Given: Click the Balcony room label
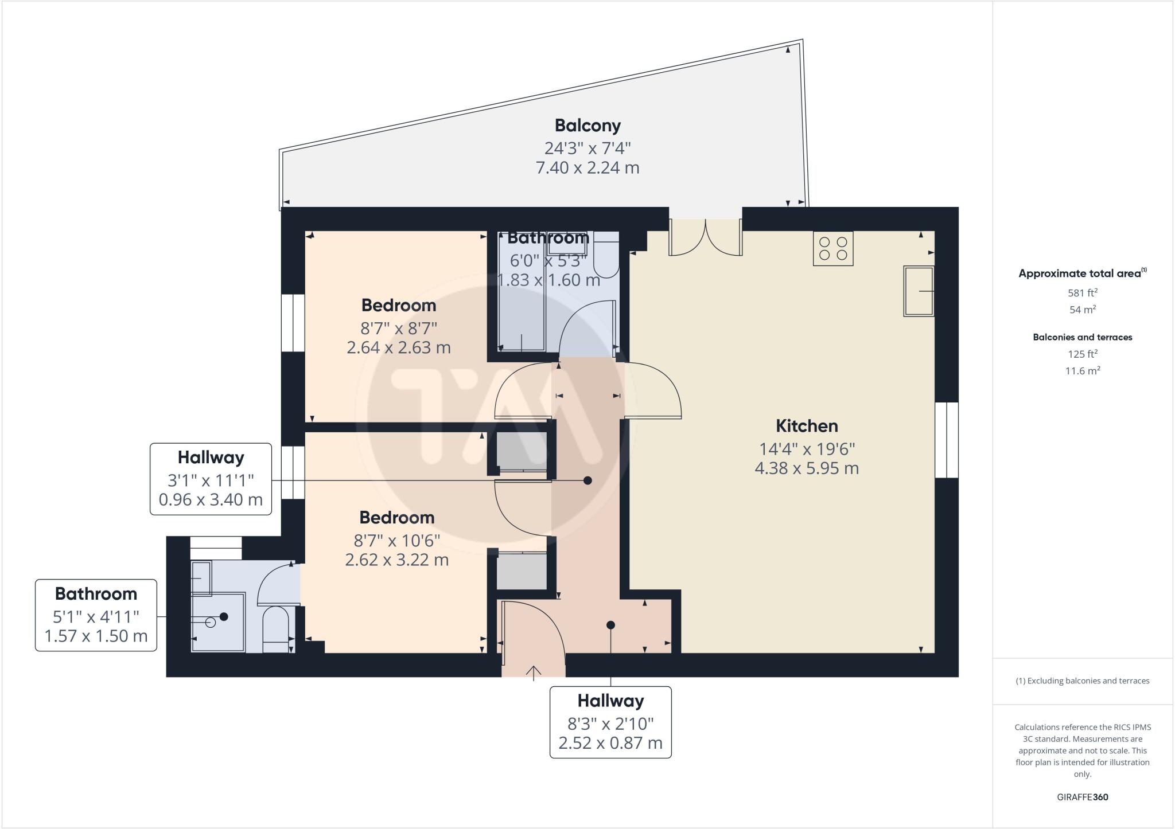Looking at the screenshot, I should [x=587, y=126].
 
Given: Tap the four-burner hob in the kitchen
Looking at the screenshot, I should [x=833, y=249].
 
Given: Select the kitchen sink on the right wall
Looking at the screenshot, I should [x=919, y=291].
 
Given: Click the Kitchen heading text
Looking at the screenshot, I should [x=807, y=426].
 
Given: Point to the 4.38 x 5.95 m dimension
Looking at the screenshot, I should [x=807, y=468].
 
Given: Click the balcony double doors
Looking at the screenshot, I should [x=706, y=237].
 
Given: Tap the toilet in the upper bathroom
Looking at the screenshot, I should [x=605, y=259].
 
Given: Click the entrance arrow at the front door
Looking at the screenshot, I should [x=534, y=672].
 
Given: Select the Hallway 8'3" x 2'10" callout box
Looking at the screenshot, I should [x=610, y=722].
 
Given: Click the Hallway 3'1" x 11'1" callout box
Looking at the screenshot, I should [x=211, y=479].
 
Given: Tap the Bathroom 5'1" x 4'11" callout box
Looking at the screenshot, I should [x=96, y=615].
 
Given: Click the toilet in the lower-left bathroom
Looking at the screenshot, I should [x=276, y=630].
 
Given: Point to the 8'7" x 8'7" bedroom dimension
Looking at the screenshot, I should [x=399, y=329].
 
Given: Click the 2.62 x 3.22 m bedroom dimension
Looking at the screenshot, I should [x=396, y=560].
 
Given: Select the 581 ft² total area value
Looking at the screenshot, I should [x=1082, y=293].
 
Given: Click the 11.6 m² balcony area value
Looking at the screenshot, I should [x=1082, y=371].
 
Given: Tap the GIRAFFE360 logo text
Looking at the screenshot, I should [x=1082, y=797].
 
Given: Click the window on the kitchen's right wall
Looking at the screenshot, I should [x=947, y=440].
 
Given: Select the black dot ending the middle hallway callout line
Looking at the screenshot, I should [x=587, y=480].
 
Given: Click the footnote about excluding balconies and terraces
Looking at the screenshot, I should [x=1082, y=681].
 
